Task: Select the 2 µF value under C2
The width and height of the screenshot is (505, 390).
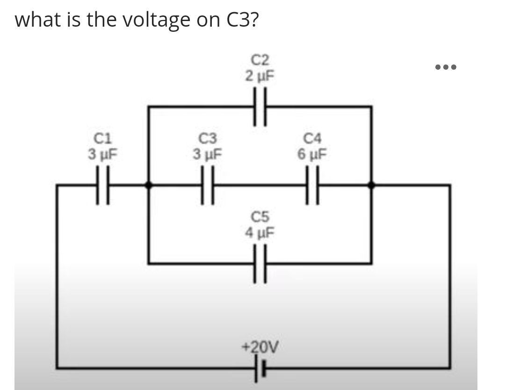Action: [x=260, y=75]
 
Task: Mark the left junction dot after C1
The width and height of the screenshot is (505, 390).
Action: [x=148, y=186]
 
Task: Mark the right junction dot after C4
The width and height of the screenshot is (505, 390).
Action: [x=371, y=186]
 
